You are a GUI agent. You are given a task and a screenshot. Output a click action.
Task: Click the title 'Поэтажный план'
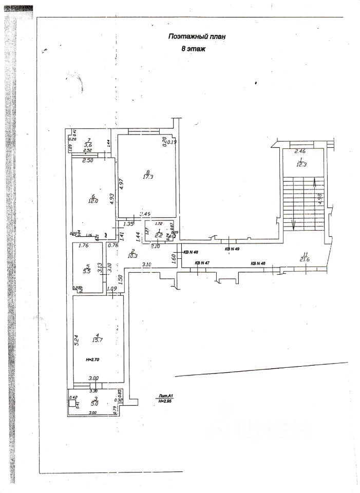coord(197,36)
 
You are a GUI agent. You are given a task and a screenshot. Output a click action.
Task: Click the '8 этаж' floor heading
coord(194,49)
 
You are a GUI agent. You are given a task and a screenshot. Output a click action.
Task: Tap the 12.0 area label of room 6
coord(93,201)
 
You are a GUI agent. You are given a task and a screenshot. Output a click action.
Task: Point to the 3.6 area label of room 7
coord(88,145)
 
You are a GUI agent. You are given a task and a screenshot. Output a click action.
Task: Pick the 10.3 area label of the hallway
coord(118,255)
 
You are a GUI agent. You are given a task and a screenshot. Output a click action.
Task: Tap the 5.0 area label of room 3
coord(96,404)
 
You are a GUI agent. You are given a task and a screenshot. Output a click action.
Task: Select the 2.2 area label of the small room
coord(159,235)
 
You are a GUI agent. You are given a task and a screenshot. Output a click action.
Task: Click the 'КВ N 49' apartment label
coord(233,249)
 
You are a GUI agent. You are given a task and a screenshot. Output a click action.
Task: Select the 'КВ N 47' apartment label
coord(202,263)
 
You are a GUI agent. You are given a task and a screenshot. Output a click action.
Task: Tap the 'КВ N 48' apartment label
coord(191,252)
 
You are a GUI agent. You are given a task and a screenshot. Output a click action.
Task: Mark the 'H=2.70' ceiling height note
coord(93,359)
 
